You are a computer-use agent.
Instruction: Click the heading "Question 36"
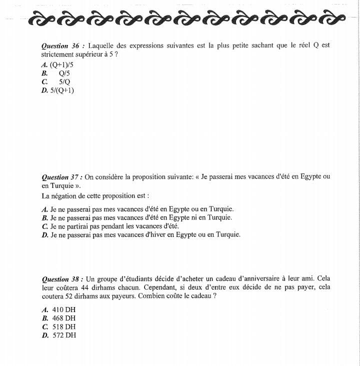(61, 45)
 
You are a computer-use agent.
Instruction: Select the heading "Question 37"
(61, 177)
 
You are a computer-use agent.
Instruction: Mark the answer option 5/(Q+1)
(62, 90)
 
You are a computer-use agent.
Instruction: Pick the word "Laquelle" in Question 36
(101, 45)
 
